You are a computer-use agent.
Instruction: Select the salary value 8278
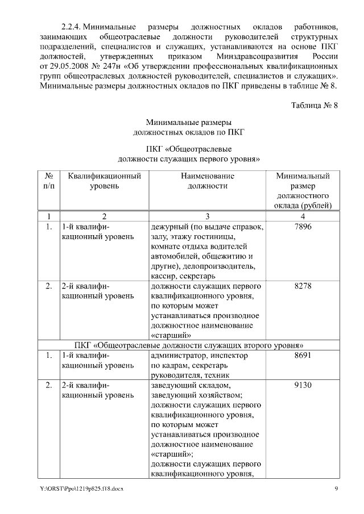pos(303,286)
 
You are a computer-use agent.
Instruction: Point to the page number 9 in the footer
pos(336,489)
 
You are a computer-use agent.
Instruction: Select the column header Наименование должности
pos(208,181)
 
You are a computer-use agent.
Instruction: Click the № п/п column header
pos(49,181)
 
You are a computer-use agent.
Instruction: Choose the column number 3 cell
pos(208,216)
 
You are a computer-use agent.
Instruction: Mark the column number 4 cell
pos(303,216)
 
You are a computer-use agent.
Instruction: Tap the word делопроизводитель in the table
pos(223,265)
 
